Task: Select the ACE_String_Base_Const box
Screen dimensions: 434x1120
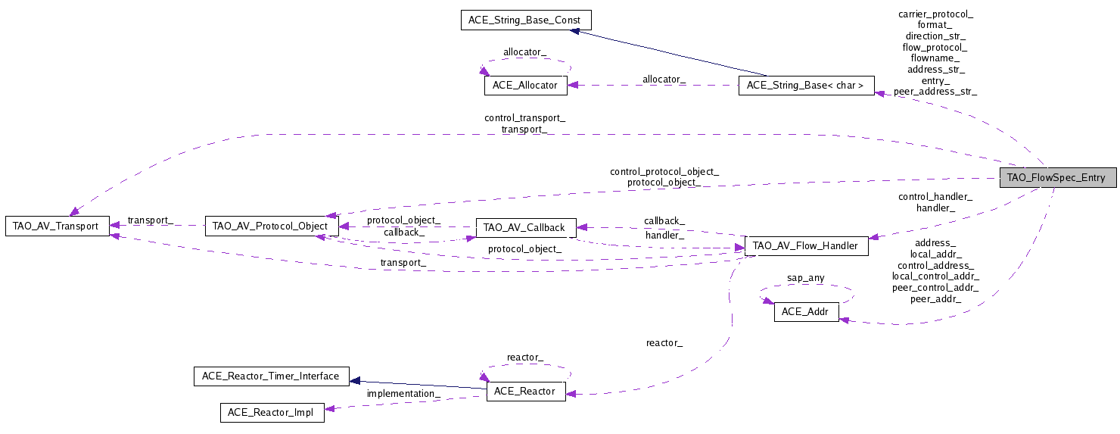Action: (525, 20)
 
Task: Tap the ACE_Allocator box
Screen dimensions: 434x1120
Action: (524, 86)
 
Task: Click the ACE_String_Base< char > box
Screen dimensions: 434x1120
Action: (806, 86)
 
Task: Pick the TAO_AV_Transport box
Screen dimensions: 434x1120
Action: (57, 226)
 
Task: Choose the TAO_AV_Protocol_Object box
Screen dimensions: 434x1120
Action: (271, 226)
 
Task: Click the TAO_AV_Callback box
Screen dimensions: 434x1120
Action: (525, 226)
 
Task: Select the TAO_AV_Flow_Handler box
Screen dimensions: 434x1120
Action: (806, 245)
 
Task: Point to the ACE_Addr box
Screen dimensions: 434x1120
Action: (806, 312)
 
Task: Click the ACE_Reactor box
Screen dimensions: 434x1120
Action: (524, 392)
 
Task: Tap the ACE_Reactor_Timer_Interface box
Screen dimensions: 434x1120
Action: (271, 376)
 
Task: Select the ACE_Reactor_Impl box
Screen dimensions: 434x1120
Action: (271, 413)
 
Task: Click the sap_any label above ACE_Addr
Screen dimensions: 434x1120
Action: (806, 278)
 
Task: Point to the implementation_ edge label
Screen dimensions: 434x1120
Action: (403, 394)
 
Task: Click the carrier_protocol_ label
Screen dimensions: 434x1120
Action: (935, 14)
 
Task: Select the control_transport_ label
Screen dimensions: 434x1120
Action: (524, 118)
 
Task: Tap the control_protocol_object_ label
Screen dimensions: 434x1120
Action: (664, 171)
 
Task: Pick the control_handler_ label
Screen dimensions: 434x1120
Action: (935, 196)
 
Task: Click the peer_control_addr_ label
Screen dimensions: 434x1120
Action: (935, 288)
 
